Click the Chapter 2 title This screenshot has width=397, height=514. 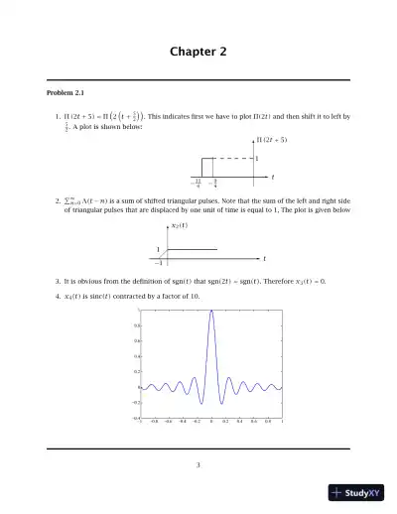198,52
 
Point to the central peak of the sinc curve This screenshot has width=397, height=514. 211,312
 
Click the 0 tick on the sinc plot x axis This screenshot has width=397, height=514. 211,422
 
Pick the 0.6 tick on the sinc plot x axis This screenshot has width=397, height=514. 255,422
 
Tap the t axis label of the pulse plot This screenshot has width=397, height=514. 273,177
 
